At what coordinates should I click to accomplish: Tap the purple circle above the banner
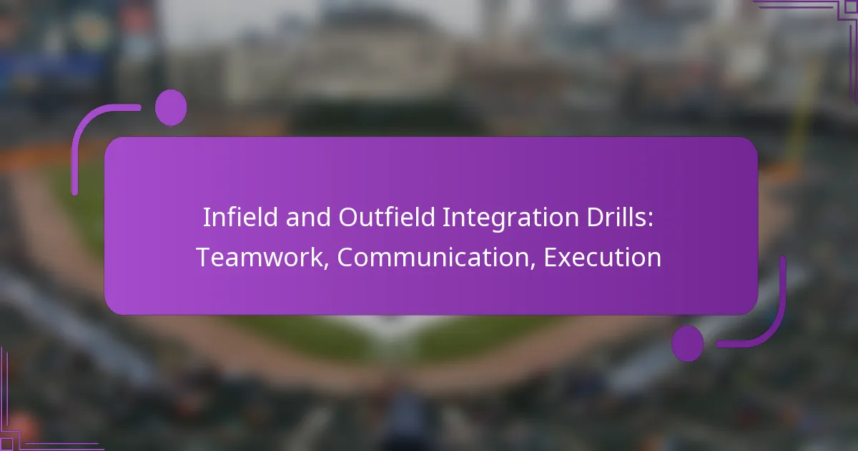[x=171, y=108]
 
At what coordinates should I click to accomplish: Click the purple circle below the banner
[x=687, y=343]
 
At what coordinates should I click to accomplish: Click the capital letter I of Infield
[x=206, y=218]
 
